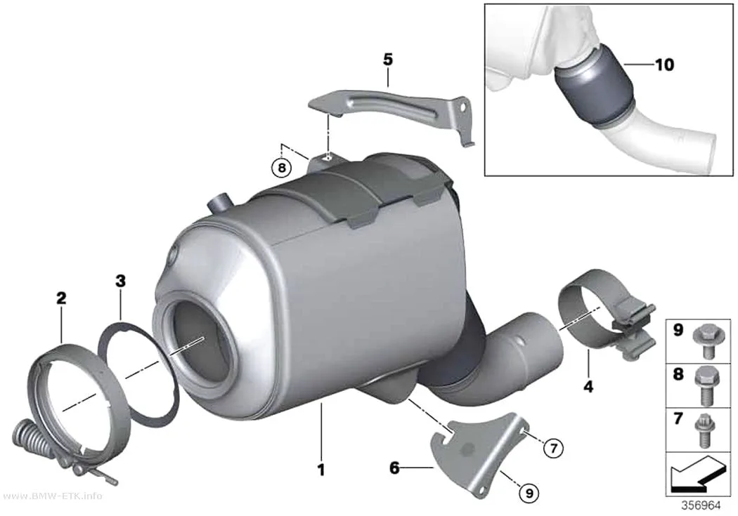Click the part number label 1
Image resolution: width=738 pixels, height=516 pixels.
[321, 469]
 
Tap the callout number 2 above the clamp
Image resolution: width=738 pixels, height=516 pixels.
[61, 298]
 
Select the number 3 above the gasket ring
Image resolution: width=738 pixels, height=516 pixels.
[120, 281]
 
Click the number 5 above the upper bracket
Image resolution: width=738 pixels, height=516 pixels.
[388, 60]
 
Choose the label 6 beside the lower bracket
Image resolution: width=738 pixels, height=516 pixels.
[394, 468]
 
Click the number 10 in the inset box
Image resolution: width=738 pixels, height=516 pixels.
[665, 65]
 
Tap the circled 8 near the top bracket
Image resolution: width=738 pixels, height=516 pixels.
[281, 167]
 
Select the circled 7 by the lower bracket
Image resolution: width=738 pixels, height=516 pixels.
[554, 449]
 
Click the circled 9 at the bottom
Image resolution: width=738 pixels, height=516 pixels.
[529, 493]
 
